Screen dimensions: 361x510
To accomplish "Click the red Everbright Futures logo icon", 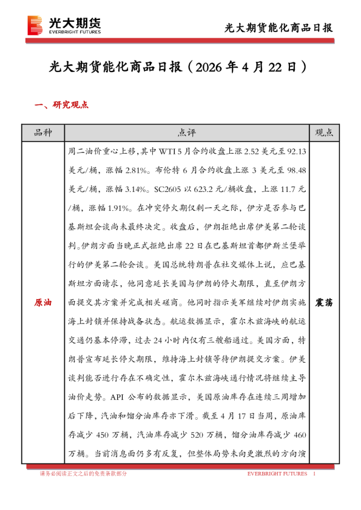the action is tap(36, 25).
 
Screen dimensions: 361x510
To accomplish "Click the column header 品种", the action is tap(42, 133).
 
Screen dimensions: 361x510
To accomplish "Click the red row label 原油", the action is tap(42, 302).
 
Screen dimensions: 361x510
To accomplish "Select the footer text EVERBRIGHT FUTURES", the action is tap(277, 473).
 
